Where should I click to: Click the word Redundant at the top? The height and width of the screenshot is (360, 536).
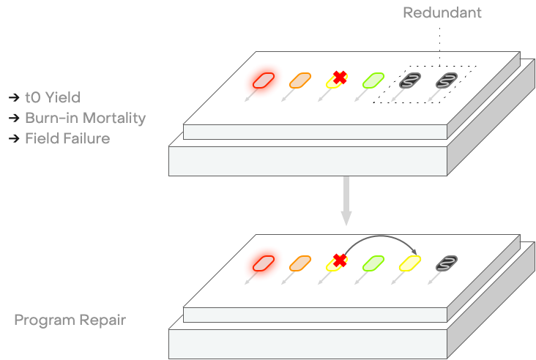click(442, 13)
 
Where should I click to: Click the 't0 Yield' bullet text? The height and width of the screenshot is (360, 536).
click(52, 97)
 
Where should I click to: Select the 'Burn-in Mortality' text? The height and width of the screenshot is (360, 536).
click(85, 118)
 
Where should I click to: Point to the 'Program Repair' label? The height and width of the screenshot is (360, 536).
click(70, 320)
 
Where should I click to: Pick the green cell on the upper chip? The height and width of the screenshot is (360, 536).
click(374, 80)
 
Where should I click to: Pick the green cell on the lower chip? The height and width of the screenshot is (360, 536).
click(374, 263)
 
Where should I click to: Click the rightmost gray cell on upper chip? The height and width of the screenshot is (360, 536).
click(447, 80)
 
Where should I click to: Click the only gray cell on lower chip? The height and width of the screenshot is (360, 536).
click(447, 263)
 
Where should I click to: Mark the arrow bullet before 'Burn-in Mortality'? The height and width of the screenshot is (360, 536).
click(14, 118)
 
